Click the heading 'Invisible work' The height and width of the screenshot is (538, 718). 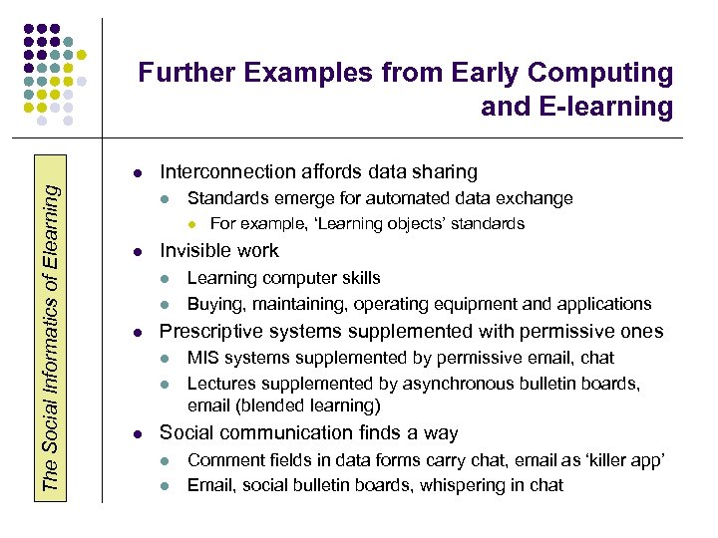(219, 251)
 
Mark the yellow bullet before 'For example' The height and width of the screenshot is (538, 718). (195, 224)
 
